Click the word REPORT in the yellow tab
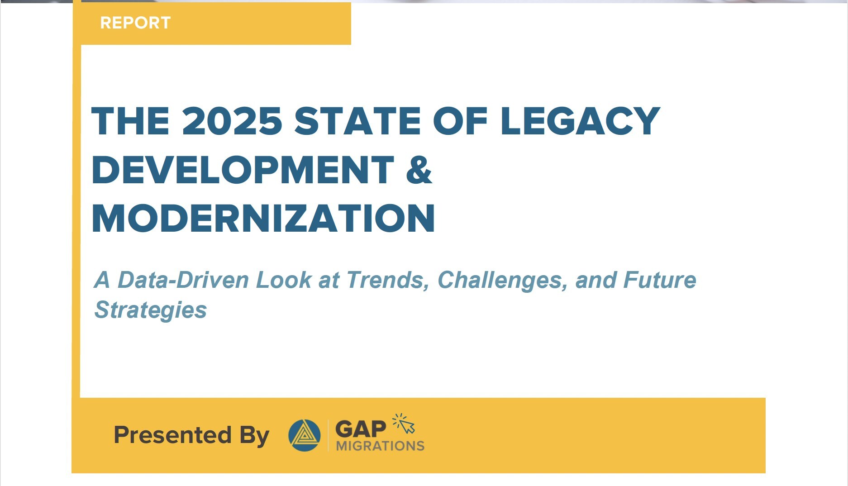click(x=135, y=23)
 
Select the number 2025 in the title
click(x=232, y=121)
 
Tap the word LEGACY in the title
click(x=580, y=121)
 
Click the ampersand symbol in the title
click(x=419, y=170)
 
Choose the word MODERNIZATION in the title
click(x=263, y=219)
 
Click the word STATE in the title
click(x=357, y=121)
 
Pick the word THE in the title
click(x=130, y=121)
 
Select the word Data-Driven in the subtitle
click(x=183, y=280)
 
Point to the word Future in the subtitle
click(x=660, y=280)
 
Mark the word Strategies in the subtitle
click(x=150, y=310)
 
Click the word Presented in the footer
click(x=172, y=435)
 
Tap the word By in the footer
click(x=254, y=436)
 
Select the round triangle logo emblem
click(x=305, y=435)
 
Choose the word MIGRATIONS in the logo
click(x=380, y=446)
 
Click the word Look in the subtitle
click(x=284, y=280)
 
